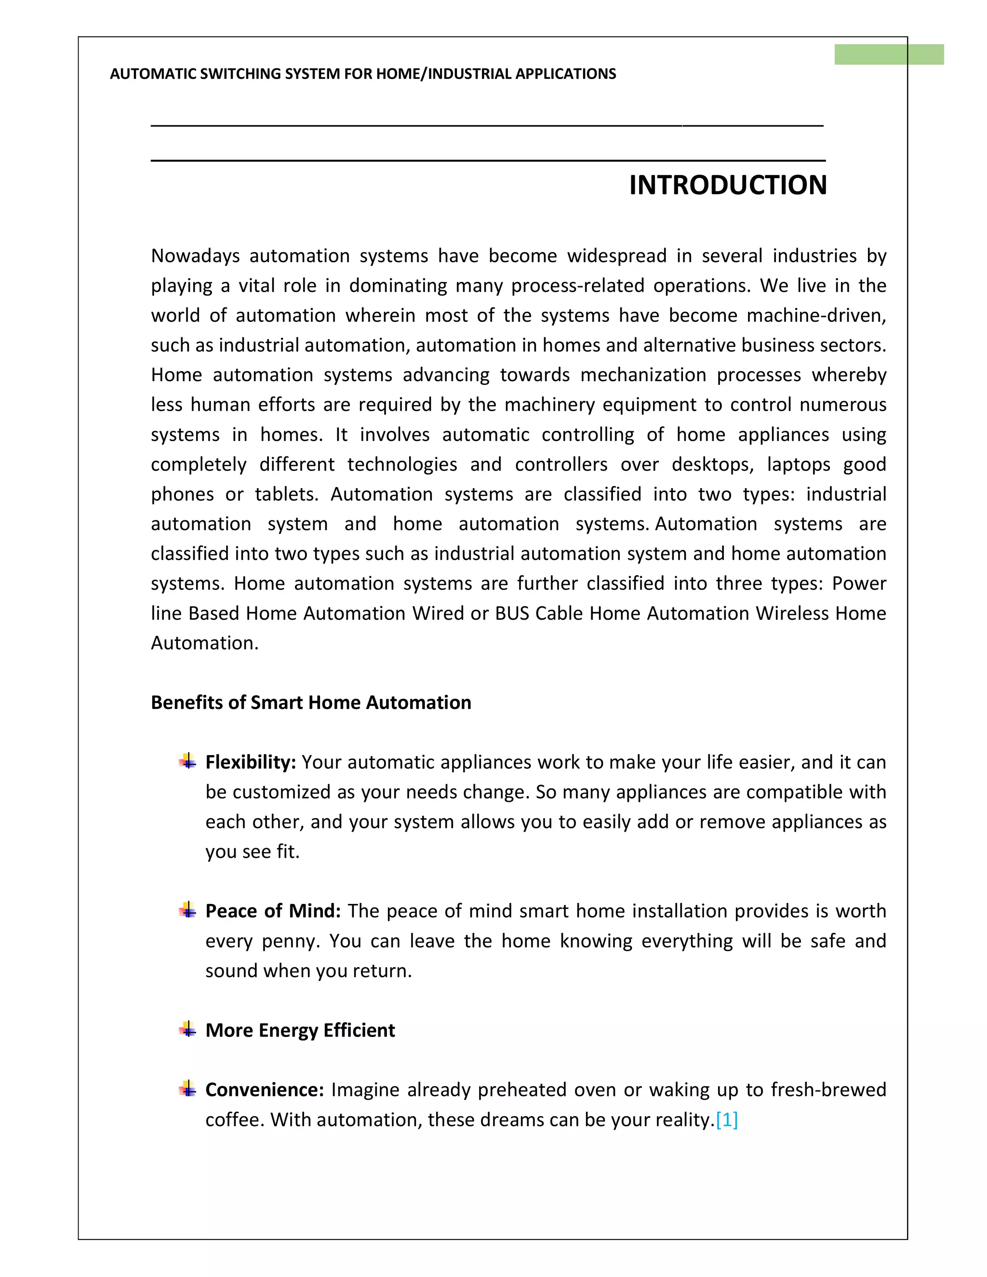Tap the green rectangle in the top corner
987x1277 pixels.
[888, 54]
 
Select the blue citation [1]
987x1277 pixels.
[726, 1119]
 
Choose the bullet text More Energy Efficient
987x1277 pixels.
[300, 1030]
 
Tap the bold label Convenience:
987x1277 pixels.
[264, 1090]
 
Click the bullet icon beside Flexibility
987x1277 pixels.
[187, 761]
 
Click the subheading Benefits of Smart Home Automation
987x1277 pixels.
[310, 702]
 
